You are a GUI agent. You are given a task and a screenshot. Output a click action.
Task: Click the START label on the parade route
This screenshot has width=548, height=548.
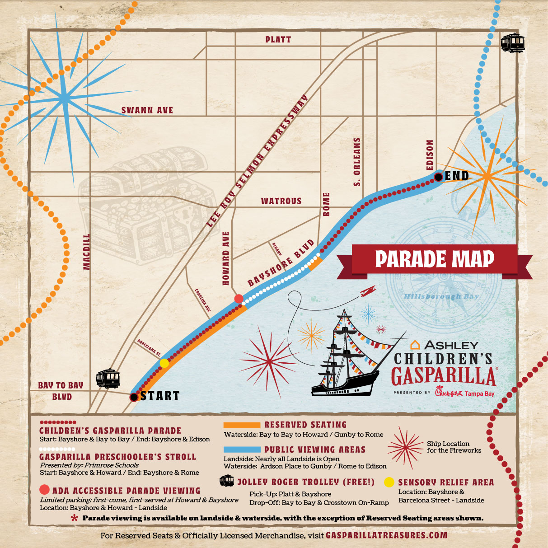click(159, 396)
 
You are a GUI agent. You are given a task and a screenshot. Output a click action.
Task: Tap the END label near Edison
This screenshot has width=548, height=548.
click(457, 176)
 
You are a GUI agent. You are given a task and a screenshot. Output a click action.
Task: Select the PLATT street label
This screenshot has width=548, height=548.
click(278, 40)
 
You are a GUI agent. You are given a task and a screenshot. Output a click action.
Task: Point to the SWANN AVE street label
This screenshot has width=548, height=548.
click(147, 110)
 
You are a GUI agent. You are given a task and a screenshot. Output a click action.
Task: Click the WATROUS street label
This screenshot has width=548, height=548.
click(281, 201)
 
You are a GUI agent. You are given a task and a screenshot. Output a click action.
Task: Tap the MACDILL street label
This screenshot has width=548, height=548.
click(87, 252)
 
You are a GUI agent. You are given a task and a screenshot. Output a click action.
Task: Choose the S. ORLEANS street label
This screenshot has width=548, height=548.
click(357, 162)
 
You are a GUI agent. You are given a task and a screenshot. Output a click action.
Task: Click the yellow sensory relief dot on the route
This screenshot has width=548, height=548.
click(164, 363)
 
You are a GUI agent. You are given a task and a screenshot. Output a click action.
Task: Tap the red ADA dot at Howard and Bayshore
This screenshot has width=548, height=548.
click(239, 298)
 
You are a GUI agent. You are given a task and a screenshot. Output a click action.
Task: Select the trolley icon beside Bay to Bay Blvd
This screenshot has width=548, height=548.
click(108, 379)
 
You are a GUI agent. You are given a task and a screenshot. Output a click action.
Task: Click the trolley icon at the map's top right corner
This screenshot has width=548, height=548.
click(513, 43)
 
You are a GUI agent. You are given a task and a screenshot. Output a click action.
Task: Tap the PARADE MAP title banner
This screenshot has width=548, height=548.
click(435, 260)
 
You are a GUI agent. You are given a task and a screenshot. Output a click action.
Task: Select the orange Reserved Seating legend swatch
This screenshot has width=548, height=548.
click(242, 425)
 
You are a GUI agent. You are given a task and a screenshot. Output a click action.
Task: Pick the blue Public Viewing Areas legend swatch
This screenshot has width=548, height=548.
click(242, 450)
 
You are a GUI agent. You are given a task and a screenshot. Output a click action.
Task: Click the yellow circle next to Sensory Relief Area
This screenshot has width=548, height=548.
click(389, 482)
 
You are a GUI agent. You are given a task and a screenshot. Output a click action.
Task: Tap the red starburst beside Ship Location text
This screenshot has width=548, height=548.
click(406, 448)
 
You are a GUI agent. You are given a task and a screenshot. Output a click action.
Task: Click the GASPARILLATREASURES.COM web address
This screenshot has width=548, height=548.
click(386, 535)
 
